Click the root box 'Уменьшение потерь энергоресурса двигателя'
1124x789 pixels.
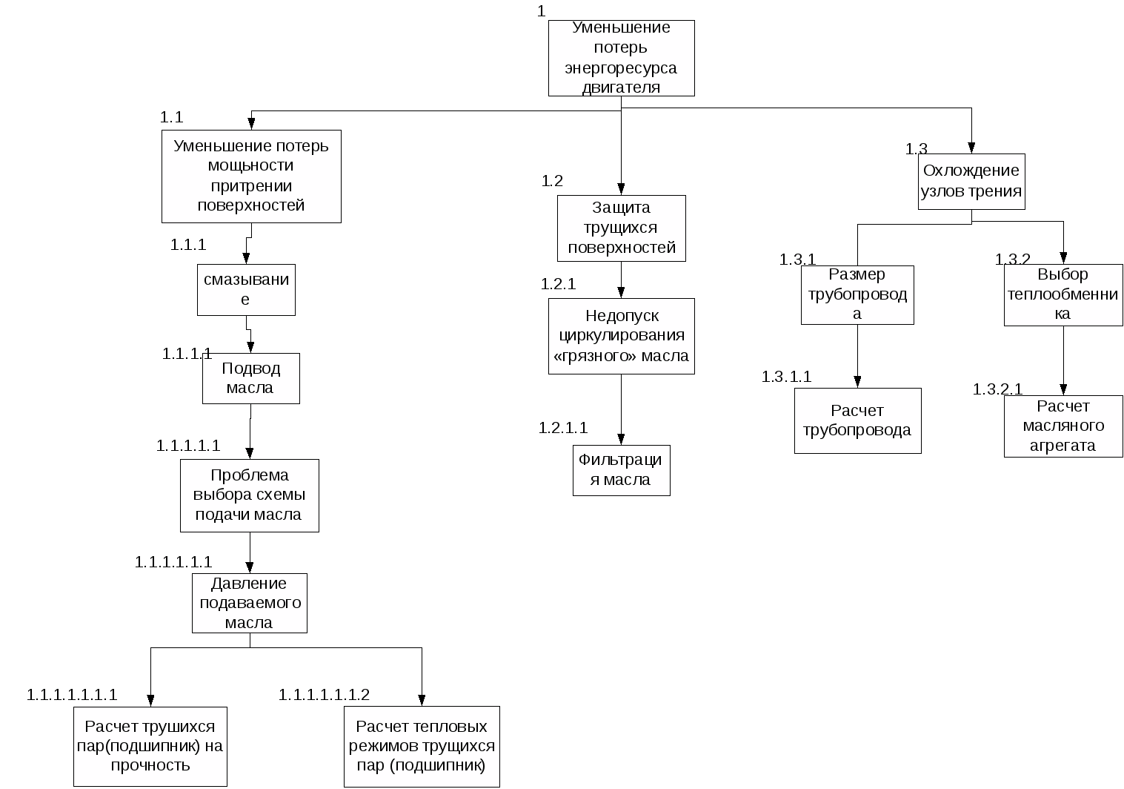pyautogui.click(x=621, y=58)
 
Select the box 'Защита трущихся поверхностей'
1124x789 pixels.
pyautogui.click(x=621, y=228)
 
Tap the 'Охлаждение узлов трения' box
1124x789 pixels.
pyautogui.click(x=971, y=182)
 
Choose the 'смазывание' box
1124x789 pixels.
pyautogui.click(x=246, y=289)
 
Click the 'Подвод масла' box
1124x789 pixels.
pyautogui.click(x=250, y=378)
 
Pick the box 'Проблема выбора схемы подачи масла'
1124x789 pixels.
pyautogui.click(x=249, y=495)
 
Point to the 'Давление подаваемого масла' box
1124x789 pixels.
pyautogui.click(x=249, y=603)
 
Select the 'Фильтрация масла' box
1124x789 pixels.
pyautogui.click(x=621, y=470)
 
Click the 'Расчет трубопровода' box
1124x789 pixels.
pyautogui.click(x=857, y=420)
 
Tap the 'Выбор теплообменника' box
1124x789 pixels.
pyautogui.click(x=1063, y=294)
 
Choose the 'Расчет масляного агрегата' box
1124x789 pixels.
pyautogui.click(x=1063, y=426)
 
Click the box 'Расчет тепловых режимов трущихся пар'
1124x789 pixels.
pyautogui.click(x=422, y=746)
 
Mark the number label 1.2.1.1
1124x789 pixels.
pyautogui.click(x=563, y=428)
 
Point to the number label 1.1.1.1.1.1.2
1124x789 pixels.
pyautogui.click(x=324, y=695)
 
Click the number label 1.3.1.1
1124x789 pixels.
pyautogui.click(x=787, y=377)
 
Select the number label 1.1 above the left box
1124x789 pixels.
pyautogui.click(x=172, y=117)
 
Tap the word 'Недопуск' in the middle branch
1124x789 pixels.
pyautogui.click(x=622, y=317)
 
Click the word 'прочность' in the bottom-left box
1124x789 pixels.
pyautogui.click(x=150, y=766)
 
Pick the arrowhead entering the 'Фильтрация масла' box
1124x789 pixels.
pyautogui.click(x=621, y=439)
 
